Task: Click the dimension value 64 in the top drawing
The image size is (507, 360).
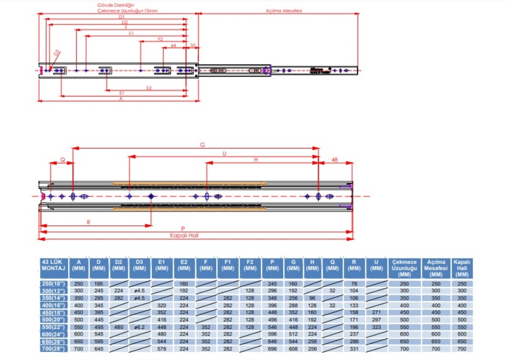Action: (x=174, y=46)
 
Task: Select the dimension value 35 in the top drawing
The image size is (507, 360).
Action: (x=193, y=46)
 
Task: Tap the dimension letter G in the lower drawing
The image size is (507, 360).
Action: (x=202, y=145)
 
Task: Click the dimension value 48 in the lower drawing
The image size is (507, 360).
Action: (x=334, y=159)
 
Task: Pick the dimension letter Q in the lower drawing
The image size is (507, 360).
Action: (x=62, y=159)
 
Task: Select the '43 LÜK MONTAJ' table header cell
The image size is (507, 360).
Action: (x=53, y=265)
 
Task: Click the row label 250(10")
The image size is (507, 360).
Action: (x=53, y=283)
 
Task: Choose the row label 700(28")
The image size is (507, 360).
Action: (x=53, y=350)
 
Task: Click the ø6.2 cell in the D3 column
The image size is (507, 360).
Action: (x=140, y=328)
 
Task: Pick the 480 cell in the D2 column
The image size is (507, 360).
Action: (x=118, y=328)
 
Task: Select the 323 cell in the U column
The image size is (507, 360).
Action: (x=377, y=328)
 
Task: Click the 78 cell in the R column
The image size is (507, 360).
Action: (x=354, y=283)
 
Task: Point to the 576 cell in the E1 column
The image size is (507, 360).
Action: (x=162, y=350)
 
